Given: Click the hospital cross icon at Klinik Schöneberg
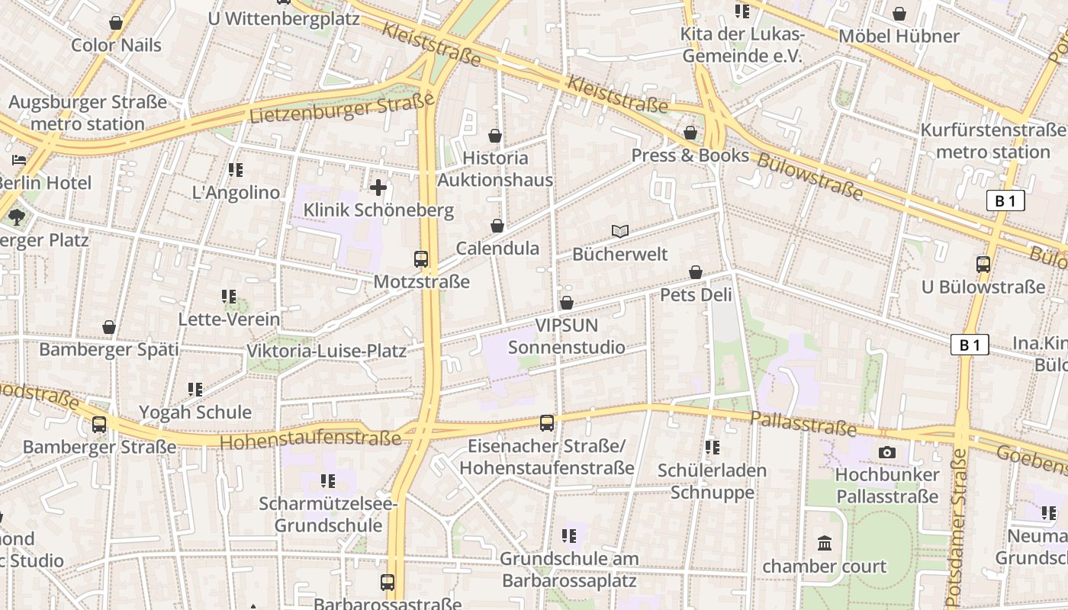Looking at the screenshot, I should pos(378,187).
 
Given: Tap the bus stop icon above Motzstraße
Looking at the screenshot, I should pos(421,258).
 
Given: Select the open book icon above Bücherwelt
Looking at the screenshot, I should pos(620,231).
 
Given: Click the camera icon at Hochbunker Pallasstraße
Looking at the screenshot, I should pos(886,452).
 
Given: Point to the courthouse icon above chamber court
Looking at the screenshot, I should pos(825,544).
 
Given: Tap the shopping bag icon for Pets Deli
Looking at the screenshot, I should pos(696,272).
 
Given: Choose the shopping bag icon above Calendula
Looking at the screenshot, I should pos(497,226).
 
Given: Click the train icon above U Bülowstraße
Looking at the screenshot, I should pos(983,265).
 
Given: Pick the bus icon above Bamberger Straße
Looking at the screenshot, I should pos(99,424).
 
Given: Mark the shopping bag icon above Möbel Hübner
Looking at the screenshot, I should pos(899,14).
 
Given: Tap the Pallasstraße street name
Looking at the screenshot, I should pos(803,423).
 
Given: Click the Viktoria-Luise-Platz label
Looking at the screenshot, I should pos(327,352).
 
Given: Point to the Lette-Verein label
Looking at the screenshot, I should pos(229,319).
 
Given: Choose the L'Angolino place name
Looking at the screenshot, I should pos(236,193).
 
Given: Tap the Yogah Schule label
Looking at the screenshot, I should pos(195,413).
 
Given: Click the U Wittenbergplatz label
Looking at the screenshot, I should pos(283,18).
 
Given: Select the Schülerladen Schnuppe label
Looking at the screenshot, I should pos(713,481).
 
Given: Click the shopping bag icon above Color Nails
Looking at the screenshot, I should pos(116,23).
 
